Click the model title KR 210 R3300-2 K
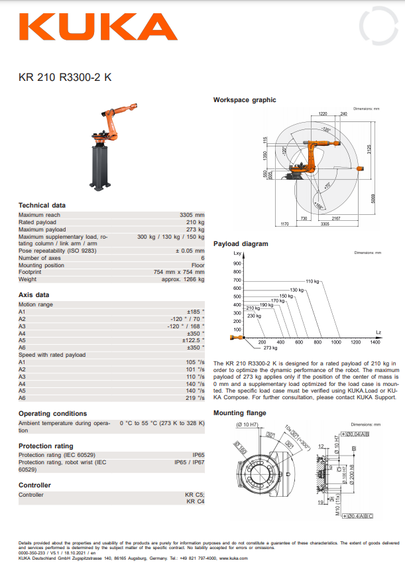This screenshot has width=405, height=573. tap(65, 77)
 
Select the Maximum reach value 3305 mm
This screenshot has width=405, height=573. tap(192, 215)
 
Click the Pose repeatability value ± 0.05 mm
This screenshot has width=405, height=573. tap(190, 251)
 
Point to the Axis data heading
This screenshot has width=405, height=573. tap(33, 294)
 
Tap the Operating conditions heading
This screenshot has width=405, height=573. tap(52, 414)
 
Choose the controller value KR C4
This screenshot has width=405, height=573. tap(195, 502)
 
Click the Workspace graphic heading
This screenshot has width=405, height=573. tap(244, 100)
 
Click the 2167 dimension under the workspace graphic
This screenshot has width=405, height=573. tap(336, 218)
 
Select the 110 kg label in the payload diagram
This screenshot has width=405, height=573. tap(312, 282)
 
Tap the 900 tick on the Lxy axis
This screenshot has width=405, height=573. tap(237, 264)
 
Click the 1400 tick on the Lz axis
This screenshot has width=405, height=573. tap(375, 342)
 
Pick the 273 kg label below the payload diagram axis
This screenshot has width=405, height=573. tap(270, 348)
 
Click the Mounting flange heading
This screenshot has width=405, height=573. tap(239, 413)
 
